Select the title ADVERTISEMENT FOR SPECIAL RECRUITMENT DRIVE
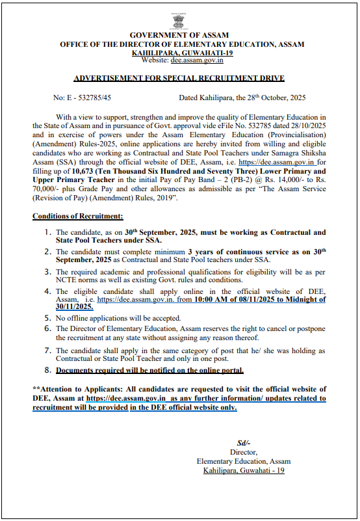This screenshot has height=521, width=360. (x=179, y=78)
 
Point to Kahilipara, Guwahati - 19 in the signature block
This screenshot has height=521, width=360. (x=243, y=470)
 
